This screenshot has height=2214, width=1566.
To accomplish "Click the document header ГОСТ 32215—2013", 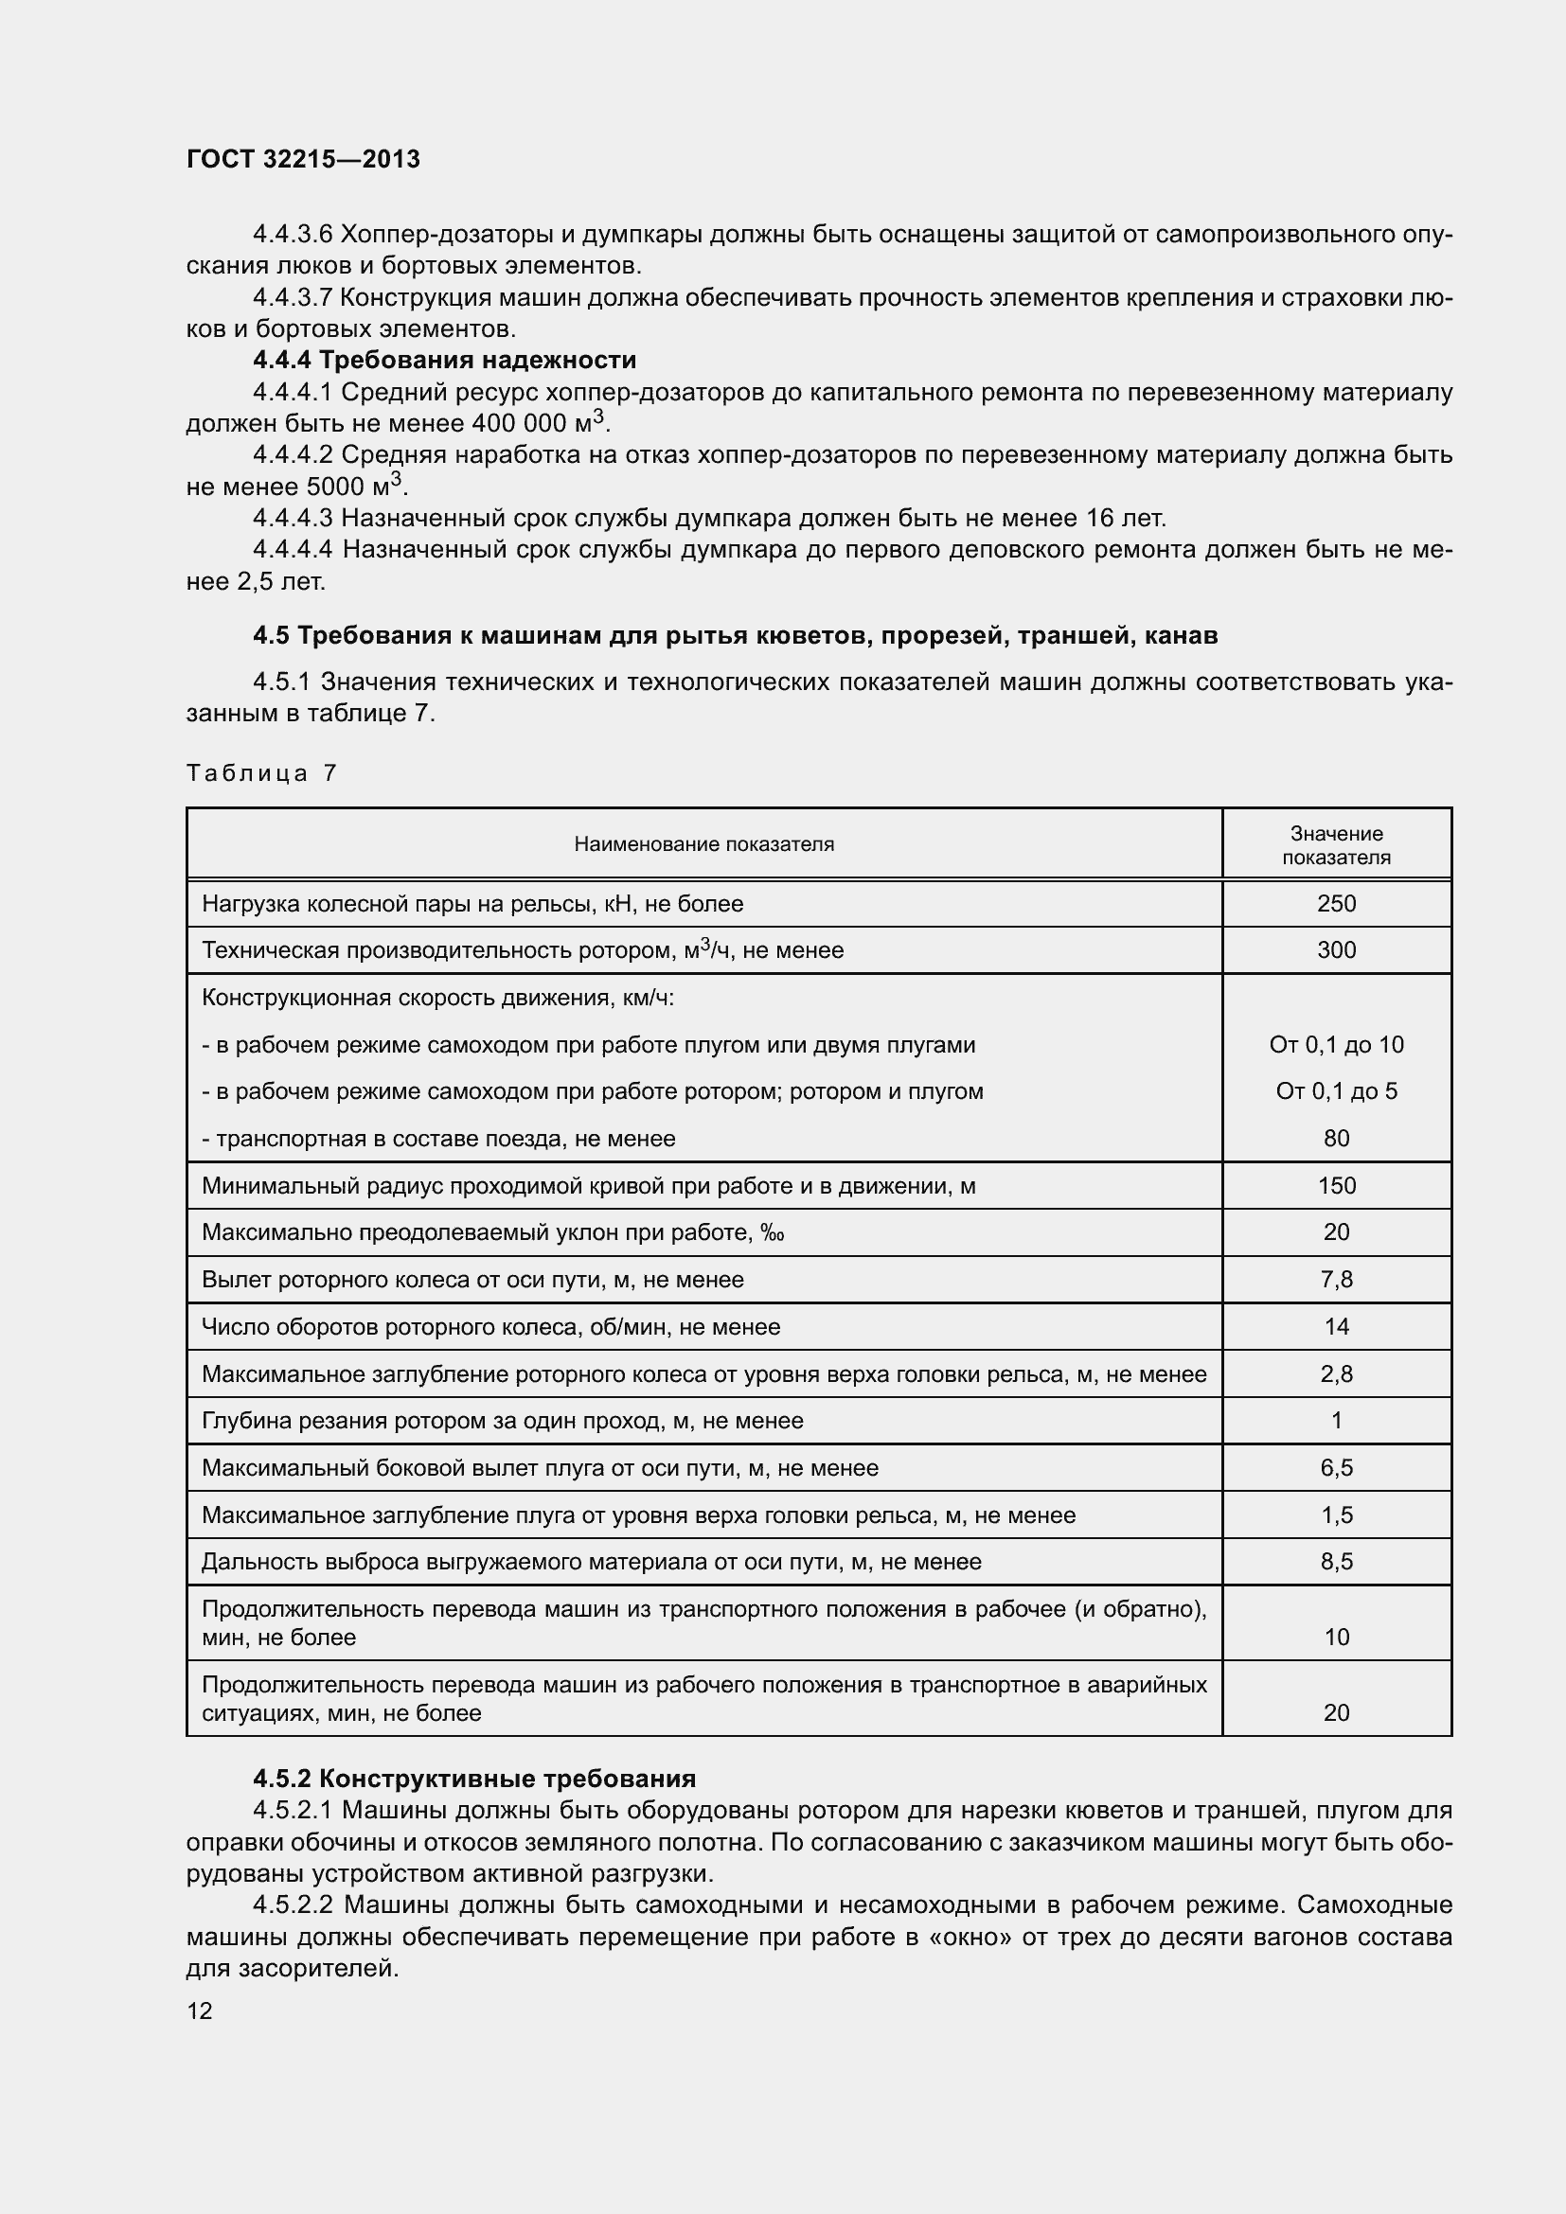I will [303, 159].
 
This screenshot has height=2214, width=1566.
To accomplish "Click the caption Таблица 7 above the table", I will [261, 772].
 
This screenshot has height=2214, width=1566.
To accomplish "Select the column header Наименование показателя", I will [703, 844].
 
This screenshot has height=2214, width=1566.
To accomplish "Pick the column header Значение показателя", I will [1336, 844].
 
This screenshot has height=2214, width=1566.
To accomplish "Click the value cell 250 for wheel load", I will [1336, 904].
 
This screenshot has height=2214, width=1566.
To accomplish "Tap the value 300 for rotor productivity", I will [1336, 949].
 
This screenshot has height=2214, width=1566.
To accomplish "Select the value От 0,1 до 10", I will [1336, 1044].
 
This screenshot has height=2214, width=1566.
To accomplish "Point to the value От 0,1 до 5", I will [1336, 1090].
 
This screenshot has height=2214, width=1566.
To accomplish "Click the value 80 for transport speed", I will [1336, 1138].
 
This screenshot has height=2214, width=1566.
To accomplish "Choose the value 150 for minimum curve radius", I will [1336, 1185].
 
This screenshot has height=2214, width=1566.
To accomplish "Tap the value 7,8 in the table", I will [1336, 1280].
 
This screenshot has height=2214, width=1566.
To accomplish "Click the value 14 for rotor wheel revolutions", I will [1336, 1326].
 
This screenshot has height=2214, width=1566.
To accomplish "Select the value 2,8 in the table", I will [1336, 1373].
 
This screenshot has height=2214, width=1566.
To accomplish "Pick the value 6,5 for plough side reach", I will [1336, 1468].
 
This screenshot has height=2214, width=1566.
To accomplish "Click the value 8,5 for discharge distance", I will [1336, 1561].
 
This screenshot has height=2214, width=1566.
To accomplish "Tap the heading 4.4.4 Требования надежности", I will [445, 361].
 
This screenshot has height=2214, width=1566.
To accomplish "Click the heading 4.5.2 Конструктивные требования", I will [473, 1778].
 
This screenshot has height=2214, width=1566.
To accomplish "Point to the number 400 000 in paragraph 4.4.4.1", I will [520, 424].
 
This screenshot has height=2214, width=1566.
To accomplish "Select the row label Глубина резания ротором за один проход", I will [503, 1421].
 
